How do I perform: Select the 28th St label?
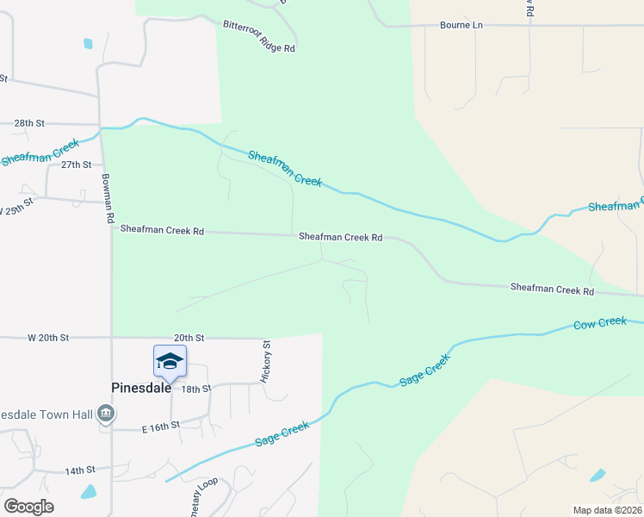(29, 123)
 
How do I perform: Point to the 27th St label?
(76, 165)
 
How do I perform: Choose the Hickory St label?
(266, 361)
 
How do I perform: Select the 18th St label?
(196, 389)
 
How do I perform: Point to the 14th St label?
(80, 470)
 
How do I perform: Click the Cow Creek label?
(600, 323)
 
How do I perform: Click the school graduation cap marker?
(170, 361)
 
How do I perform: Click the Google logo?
(28, 507)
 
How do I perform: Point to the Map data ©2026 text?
(607, 510)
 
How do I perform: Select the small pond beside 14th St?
(89, 492)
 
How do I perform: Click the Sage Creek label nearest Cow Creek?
(424, 371)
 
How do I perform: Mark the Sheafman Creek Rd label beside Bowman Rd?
(162, 230)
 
